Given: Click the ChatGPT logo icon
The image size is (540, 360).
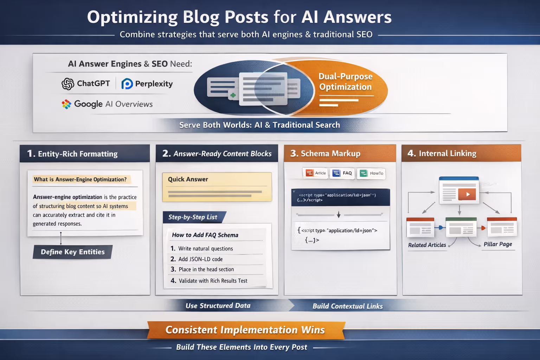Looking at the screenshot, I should point(68,84).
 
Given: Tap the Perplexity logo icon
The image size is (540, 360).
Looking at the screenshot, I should point(127,84).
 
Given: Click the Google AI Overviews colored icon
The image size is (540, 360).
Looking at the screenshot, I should point(66,104).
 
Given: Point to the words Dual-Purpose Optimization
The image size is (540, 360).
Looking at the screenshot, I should point(345,82).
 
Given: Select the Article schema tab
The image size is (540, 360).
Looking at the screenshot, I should point(316,173).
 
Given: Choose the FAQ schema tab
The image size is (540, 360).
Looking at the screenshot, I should point(342,173).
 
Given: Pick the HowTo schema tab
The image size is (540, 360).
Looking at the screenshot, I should point(372,173).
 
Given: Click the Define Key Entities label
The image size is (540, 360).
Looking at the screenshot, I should point(73,252).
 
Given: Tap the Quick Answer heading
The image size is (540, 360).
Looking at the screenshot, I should point(188,179).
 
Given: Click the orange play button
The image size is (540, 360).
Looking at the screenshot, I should point(467,194).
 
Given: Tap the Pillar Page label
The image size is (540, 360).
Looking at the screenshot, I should point(498,244).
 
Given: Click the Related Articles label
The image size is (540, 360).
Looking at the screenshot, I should point(427,245).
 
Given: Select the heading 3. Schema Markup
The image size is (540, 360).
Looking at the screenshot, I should point(325,153).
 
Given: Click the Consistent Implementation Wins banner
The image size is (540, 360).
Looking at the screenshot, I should point(245,330).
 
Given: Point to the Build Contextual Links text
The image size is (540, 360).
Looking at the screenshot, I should point(348,306).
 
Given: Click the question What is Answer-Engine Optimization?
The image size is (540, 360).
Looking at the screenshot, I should point(80,179).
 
